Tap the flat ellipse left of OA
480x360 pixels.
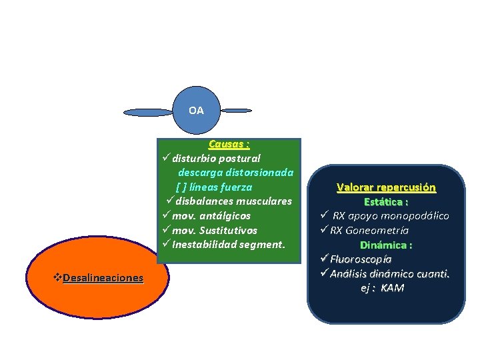[x=147, y=112]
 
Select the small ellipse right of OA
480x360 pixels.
[x=236, y=110]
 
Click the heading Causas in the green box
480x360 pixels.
[x=229, y=144]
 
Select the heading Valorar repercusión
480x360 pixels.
[x=386, y=187]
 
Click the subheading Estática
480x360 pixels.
[x=385, y=201]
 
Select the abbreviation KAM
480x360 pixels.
[x=393, y=287]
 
